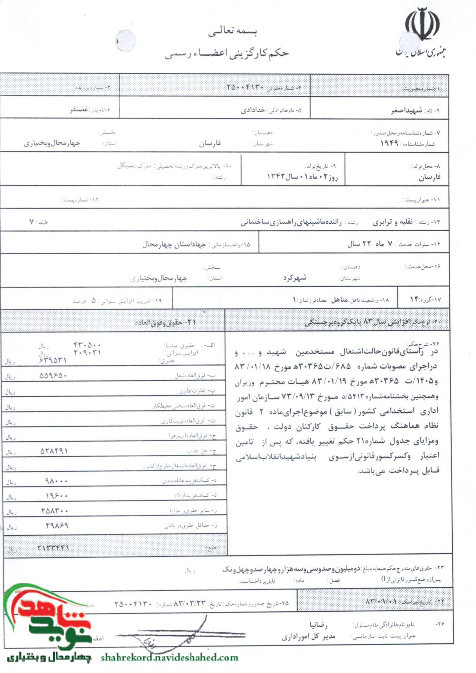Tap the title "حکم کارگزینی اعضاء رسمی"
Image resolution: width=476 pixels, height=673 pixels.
[226, 54]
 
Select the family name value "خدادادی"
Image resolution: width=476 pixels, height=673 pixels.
[253, 110]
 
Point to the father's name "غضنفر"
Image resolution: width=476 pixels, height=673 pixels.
[79, 110]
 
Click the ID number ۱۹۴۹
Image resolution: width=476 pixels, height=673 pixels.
[389, 144]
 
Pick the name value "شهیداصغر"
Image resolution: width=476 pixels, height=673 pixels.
[406, 111]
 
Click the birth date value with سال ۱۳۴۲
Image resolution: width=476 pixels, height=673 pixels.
[302, 177]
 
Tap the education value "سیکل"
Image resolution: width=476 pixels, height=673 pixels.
[126, 166]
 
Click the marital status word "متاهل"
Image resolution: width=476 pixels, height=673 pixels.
[339, 300]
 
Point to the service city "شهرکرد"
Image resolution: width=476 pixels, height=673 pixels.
[295, 278]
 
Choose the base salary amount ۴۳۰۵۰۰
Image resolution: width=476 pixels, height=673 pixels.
[87, 345]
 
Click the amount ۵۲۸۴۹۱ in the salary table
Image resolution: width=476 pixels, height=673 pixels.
[54, 451]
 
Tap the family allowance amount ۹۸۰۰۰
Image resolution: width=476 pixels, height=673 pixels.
[56, 481]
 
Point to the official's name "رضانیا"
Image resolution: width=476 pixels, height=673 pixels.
[319, 625]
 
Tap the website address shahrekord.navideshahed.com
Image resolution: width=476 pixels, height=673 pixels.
[170, 658]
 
